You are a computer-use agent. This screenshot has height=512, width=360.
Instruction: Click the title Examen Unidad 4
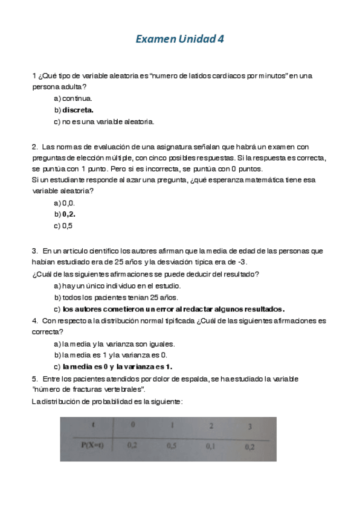[179, 40]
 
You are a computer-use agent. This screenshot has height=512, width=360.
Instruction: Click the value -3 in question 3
[242, 261]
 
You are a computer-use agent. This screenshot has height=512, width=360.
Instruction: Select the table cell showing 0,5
[172, 446]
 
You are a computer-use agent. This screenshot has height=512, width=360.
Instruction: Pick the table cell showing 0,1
[210, 446]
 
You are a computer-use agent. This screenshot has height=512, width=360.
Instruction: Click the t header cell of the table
[92, 424]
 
